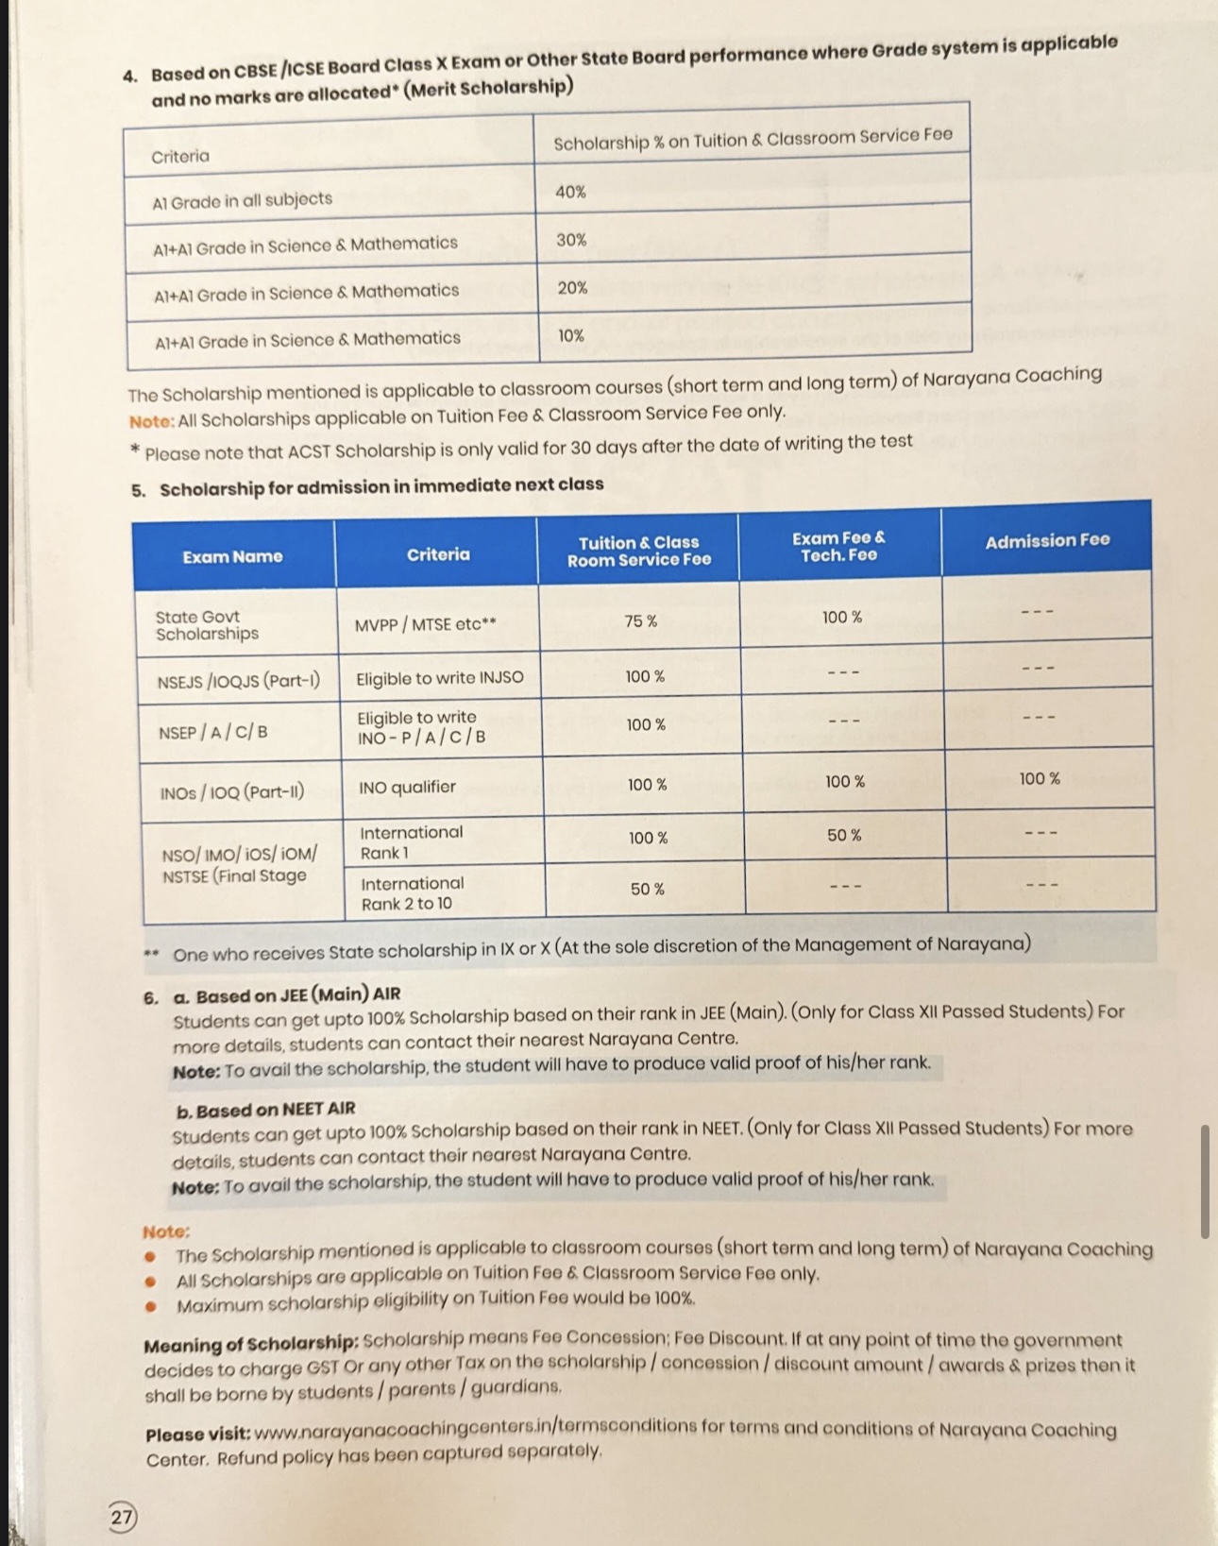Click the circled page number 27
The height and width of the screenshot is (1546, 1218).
click(x=122, y=1517)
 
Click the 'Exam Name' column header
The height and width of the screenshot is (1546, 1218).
click(x=232, y=556)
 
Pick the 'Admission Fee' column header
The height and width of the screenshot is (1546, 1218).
click(x=1047, y=541)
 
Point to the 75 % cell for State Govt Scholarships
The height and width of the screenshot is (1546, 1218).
click(x=640, y=620)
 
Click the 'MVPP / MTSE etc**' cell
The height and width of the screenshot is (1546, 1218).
click(x=426, y=624)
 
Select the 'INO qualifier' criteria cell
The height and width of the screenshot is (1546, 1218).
click(x=407, y=787)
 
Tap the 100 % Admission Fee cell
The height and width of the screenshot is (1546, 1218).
click(x=1040, y=779)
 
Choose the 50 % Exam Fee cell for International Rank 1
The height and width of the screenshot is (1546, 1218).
click(x=844, y=836)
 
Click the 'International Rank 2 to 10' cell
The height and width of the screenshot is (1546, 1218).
click(x=413, y=893)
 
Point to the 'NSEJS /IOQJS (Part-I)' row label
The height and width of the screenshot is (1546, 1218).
click(x=239, y=681)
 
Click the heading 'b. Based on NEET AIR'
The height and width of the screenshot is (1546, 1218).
click(x=266, y=1110)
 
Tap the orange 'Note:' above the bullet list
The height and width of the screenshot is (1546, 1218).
click(x=166, y=1232)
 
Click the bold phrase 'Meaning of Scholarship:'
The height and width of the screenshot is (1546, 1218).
click(x=251, y=1344)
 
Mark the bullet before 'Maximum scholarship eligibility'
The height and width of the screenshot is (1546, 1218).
click(x=150, y=1307)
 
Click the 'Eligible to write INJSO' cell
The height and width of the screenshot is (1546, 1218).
click(x=439, y=678)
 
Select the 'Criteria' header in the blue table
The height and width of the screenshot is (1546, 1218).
click(x=438, y=554)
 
